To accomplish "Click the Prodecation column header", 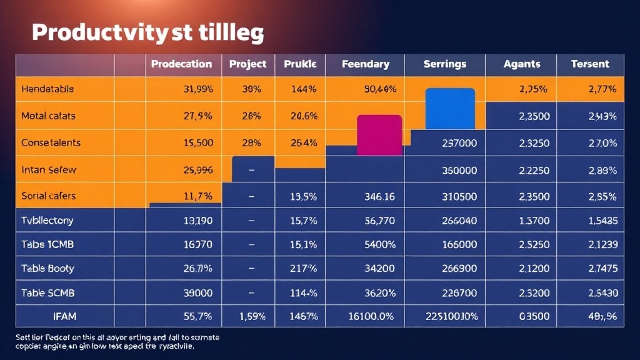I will (x=181, y=64).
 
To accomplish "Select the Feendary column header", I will (x=366, y=64).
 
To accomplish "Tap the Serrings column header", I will (x=445, y=64).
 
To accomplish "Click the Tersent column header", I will (x=590, y=64).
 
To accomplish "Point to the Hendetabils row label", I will (x=47, y=89).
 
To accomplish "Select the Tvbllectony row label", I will (x=47, y=220).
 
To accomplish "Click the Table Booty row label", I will (x=47, y=268).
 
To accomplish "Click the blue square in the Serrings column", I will (x=450, y=108).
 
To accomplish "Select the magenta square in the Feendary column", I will (x=379, y=134).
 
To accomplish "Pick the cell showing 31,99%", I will (x=199, y=89).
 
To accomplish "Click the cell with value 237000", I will (x=459, y=143).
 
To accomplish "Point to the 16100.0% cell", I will (x=371, y=316).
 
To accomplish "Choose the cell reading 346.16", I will (x=379, y=196).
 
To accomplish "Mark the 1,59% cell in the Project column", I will (x=253, y=316).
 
